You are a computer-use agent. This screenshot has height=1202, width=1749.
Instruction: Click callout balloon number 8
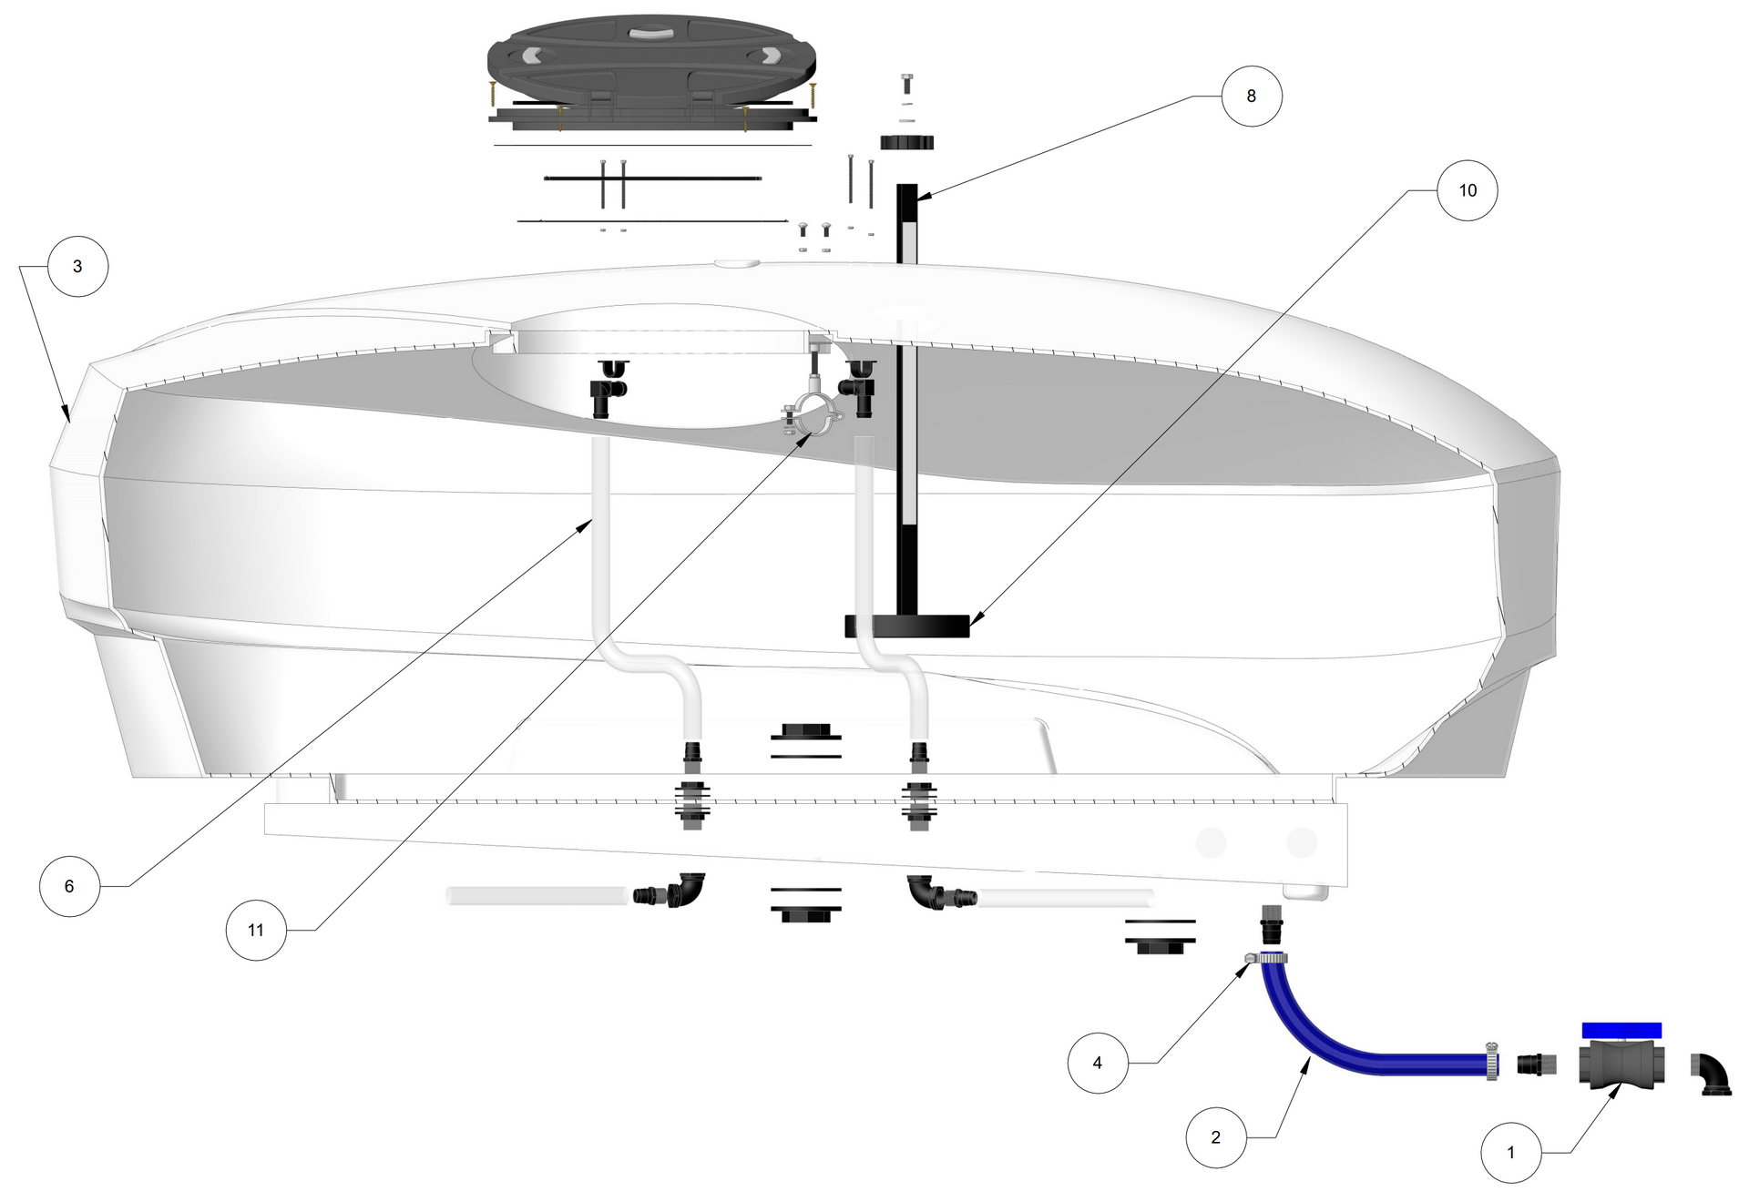click(x=1251, y=96)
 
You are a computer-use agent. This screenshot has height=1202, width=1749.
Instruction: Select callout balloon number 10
click(x=1468, y=190)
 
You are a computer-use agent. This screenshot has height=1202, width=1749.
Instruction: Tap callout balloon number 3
click(x=77, y=266)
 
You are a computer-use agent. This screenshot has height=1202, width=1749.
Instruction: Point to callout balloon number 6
click(x=69, y=886)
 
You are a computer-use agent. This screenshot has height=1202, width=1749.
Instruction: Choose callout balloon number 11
click(x=256, y=930)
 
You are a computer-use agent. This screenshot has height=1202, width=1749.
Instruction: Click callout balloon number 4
click(x=1098, y=1063)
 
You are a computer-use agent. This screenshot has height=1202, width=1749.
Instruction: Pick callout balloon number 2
click(x=1216, y=1137)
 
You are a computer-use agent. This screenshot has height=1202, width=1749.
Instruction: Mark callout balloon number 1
click(x=1511, y=1153)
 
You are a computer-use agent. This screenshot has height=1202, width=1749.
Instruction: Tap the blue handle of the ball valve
click(x=1621, y=1031)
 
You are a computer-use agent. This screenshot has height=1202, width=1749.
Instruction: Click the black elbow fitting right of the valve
click(x=1712, y=1075)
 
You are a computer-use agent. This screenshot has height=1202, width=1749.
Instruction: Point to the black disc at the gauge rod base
click(x=907, y=626)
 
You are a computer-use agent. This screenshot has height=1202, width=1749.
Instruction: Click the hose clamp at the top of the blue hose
click(x=1266, y=958)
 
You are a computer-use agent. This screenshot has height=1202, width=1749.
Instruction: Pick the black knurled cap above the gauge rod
click(x=907, y=142)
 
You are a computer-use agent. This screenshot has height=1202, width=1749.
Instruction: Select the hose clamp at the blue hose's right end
click(x=1492, y=1061)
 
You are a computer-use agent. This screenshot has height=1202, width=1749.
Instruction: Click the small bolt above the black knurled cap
click(x=906, y=84)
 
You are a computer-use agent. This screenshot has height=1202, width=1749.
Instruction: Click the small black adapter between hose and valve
click(x=1537, y=1064)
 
